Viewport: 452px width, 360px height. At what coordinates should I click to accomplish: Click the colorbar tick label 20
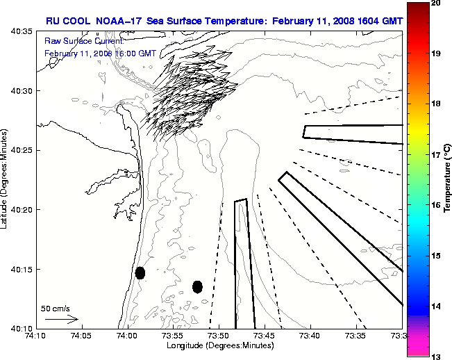435,3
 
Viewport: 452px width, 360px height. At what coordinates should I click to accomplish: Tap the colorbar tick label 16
435,206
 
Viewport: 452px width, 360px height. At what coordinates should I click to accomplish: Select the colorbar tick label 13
435,356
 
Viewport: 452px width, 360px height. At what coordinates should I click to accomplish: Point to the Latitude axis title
5,180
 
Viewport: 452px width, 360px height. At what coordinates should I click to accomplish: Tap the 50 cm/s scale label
56,309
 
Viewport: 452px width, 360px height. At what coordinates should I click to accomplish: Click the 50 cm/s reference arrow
62,320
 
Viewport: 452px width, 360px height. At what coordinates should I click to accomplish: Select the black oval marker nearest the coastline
140,272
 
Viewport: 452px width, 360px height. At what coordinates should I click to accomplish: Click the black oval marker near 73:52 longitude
198,286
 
